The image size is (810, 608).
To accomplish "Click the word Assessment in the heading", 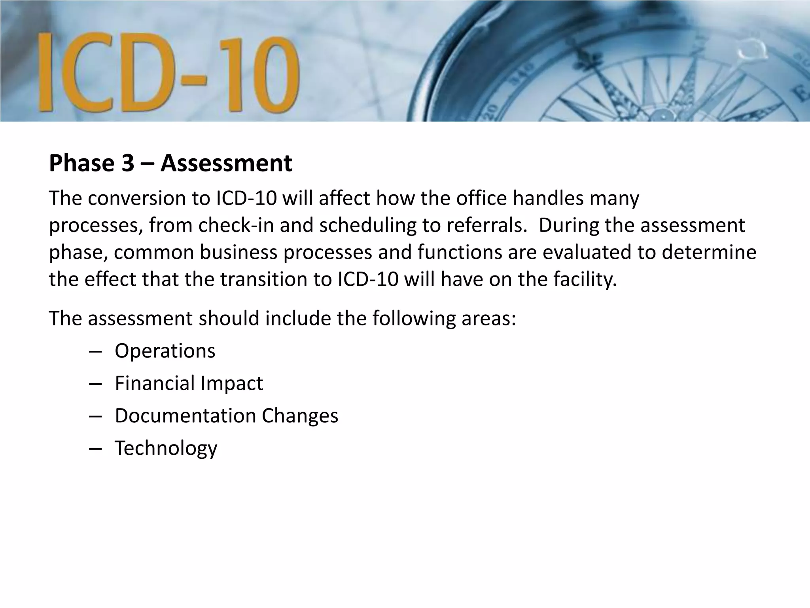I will (x=226, y=163).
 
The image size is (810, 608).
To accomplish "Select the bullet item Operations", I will (x=165, y=351).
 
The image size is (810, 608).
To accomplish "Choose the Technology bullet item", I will (x=166, y=448).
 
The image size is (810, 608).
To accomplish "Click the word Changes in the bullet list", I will (x=300, y=416).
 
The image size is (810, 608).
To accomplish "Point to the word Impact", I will (x=232, y=383).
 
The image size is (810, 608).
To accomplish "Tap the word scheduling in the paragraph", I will (x=368, y=225).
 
